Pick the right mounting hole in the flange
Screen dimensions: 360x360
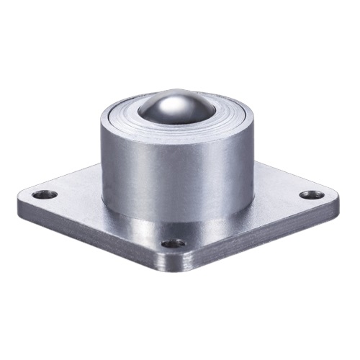tap(310, 194)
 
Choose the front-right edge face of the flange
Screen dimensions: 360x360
tap(266, 238)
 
